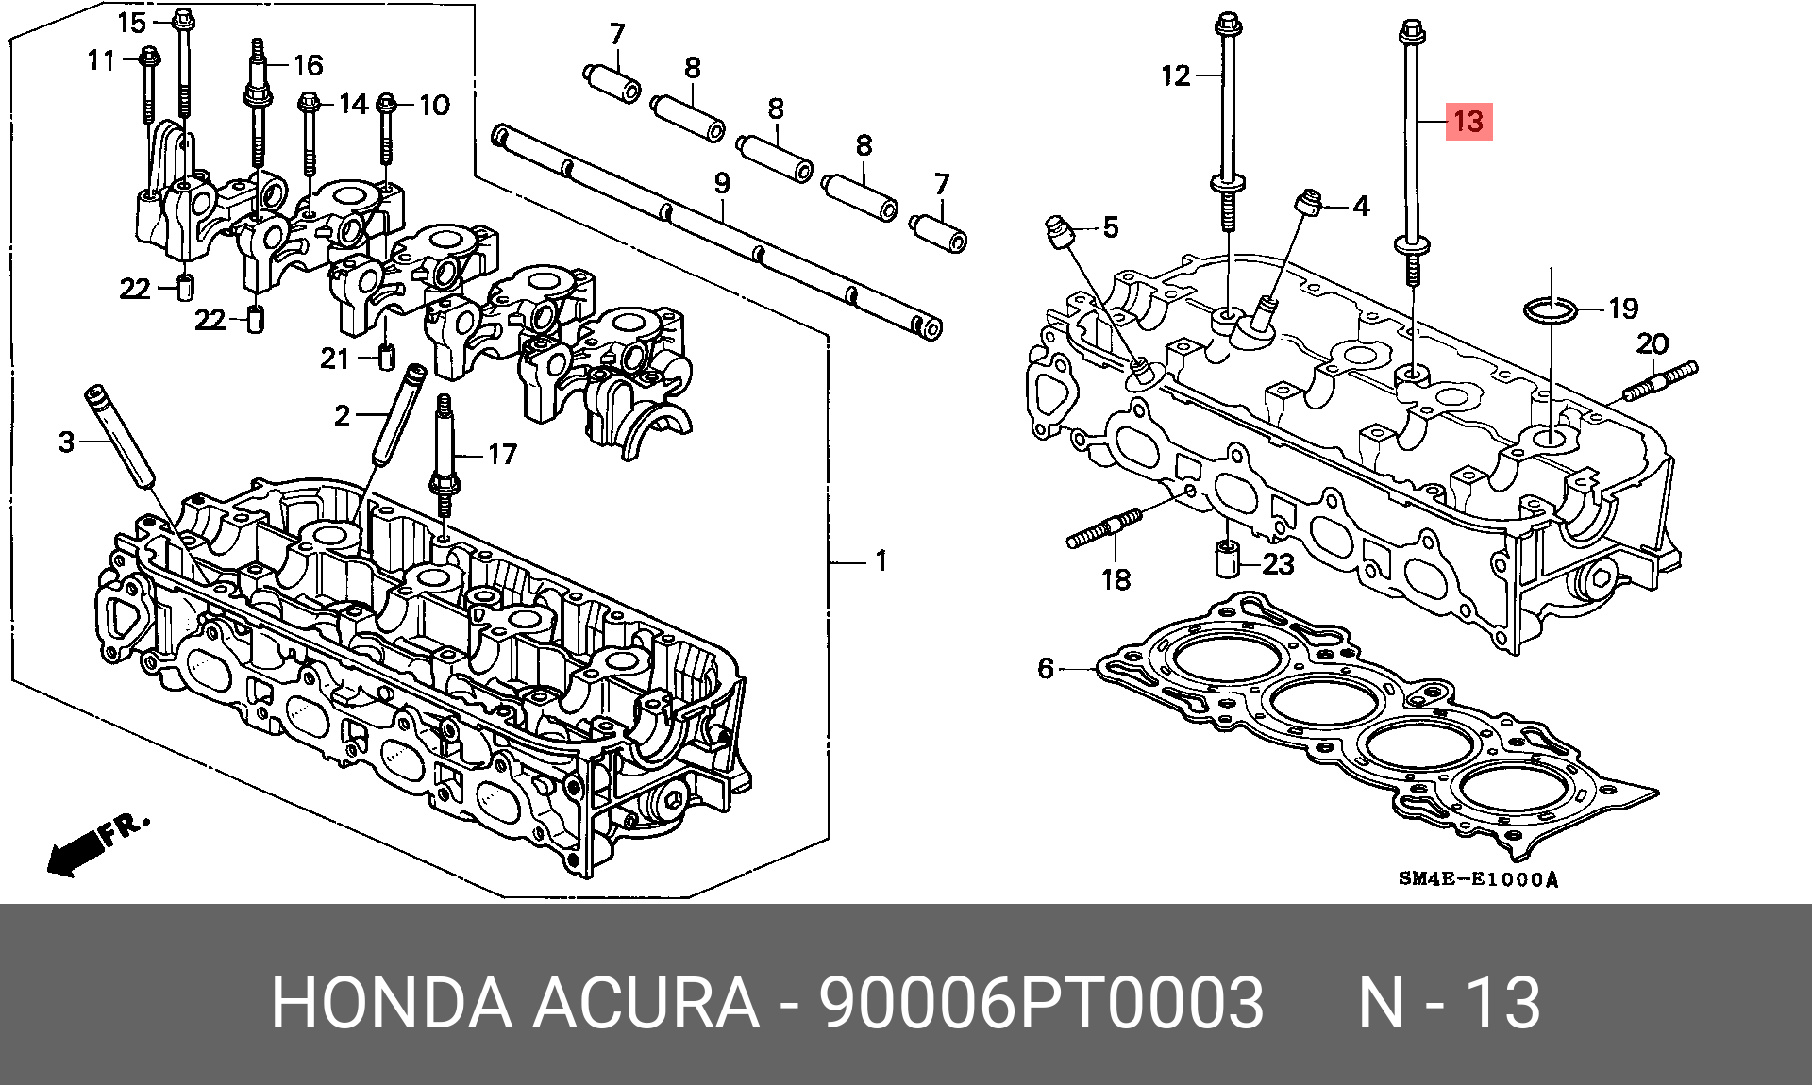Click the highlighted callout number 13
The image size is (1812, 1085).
tap(1468, 121)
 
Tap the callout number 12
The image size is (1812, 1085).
tap(1176, 75)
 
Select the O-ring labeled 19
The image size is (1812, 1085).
tap(1551, 309)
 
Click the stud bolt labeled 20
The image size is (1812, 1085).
tap(1661, 382)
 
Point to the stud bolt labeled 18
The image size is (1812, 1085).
tap(1104, 530)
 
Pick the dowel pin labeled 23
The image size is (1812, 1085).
tap(1225, 559)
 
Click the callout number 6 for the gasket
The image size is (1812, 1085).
tap(1045, 668)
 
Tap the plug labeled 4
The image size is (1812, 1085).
tap(1307, 202)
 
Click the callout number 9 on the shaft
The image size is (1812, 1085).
tap(722, 182)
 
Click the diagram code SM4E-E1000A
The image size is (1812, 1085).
tap(1478, 879)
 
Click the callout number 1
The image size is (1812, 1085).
tap(881, 561)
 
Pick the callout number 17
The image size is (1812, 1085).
tap(502, 455)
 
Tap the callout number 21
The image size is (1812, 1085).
tap(335, 359)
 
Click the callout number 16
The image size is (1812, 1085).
tap(308, 65)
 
